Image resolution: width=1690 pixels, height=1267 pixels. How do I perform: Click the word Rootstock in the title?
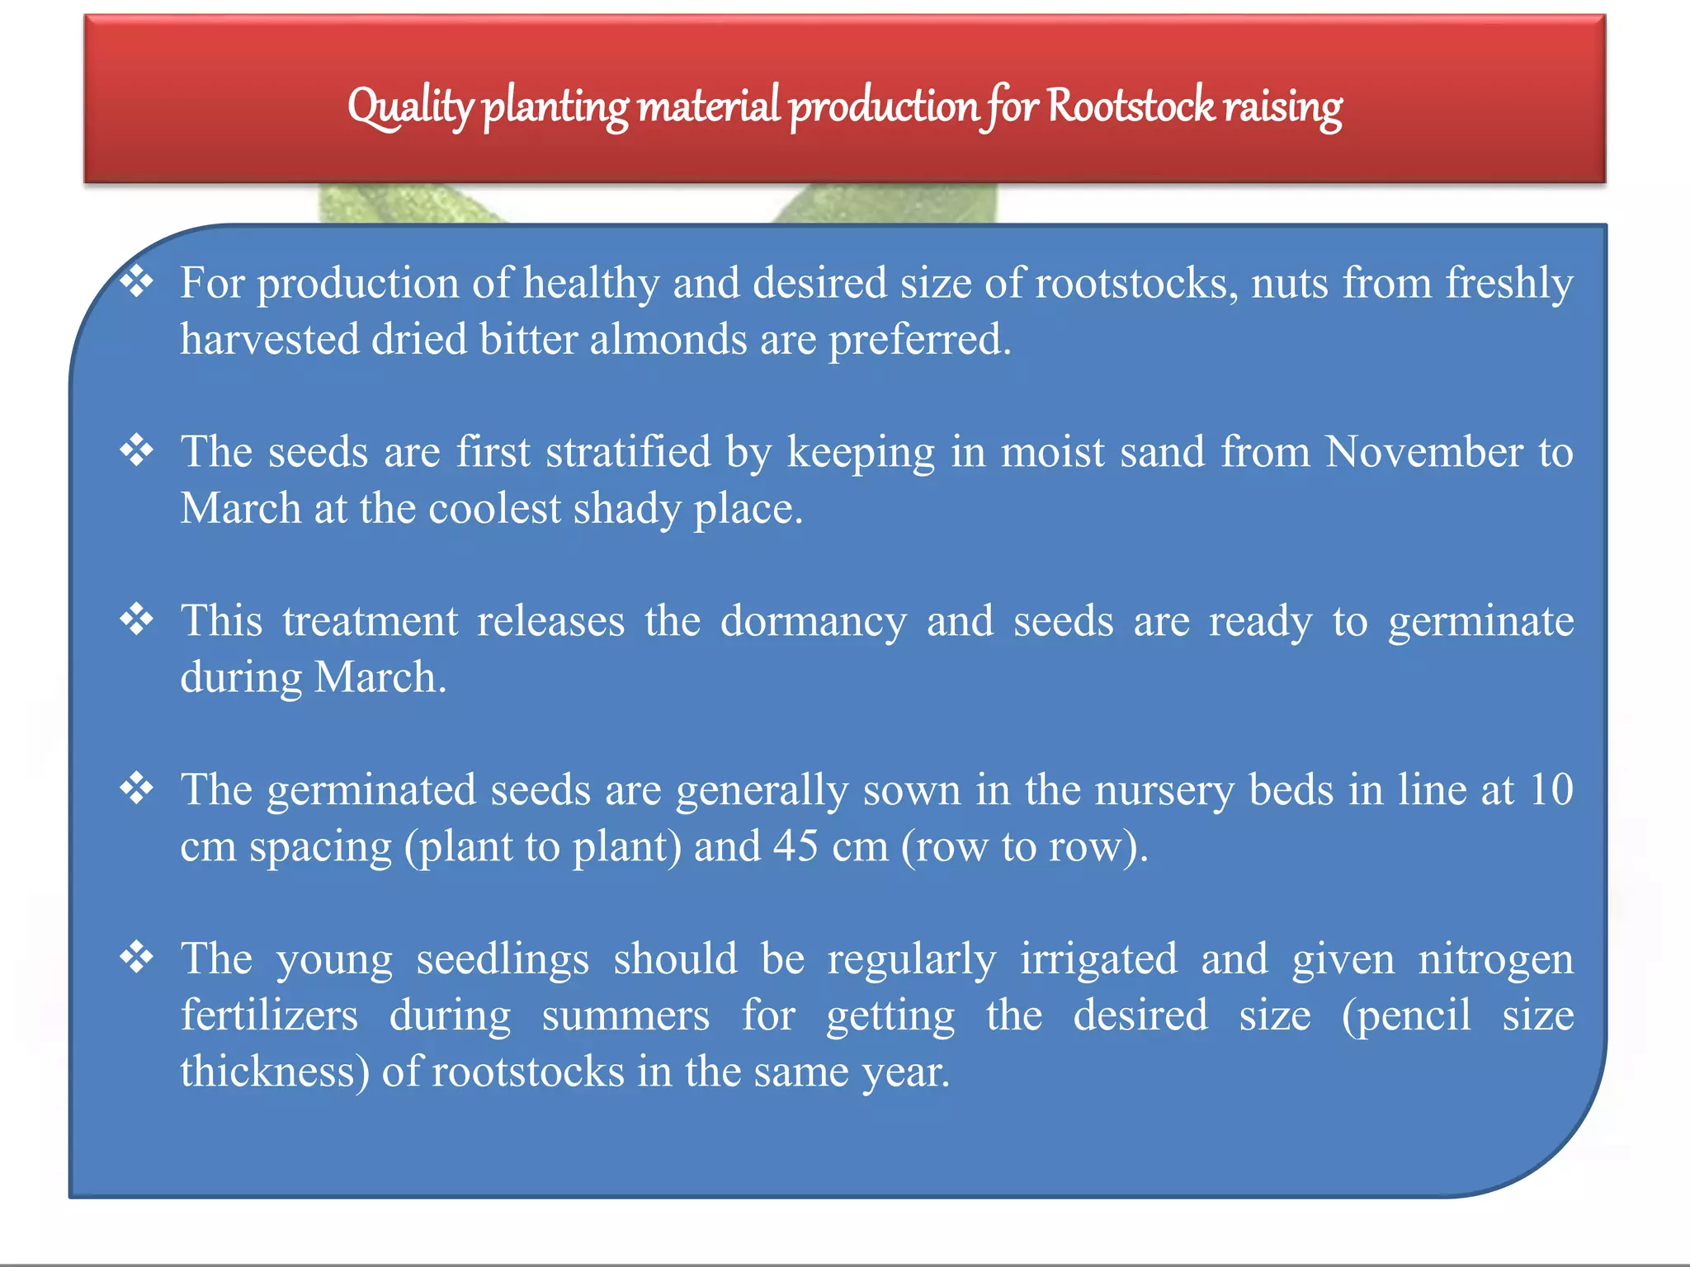[x=1131, y=107]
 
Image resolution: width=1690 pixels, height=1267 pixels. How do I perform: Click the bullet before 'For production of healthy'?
[x=137, y=281]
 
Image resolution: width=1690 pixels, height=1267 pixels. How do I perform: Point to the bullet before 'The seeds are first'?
[x=137, y=450]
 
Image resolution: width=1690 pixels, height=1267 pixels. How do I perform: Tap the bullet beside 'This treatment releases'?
[x=137, y=619]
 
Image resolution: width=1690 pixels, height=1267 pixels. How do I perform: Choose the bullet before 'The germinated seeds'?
[x=137, y=789]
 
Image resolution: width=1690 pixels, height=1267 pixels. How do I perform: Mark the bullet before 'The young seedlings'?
[x=137, y=958]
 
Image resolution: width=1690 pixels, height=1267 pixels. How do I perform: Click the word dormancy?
[x=813, y=621]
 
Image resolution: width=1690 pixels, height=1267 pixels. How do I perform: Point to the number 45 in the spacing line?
[x=795, y=846]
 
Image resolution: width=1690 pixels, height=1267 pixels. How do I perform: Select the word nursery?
[x=1164, y=791]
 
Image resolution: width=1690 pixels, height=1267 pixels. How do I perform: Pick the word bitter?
[x=528, y=339]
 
